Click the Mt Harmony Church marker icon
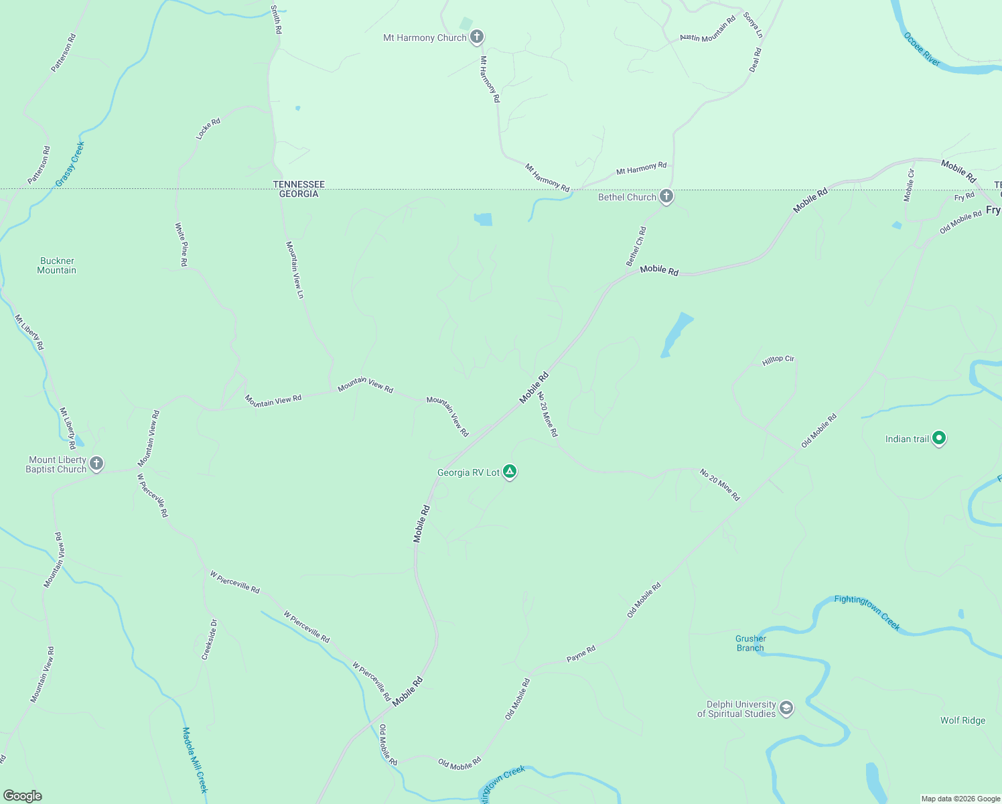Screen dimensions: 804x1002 [476, 37]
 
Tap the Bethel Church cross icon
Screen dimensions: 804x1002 [666, 197]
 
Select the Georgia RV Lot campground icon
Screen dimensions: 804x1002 [510, 472]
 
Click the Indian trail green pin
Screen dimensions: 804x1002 [939, 439]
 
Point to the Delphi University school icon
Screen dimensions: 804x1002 [786, 708]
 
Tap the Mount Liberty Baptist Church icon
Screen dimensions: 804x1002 [96, 464]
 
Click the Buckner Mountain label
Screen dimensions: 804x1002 [57, 266]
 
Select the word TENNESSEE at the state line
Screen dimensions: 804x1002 [299, 184]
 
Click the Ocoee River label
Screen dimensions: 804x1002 [922, 49]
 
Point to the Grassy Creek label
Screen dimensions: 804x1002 [70, 164]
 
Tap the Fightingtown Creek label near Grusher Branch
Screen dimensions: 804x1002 [867, 612]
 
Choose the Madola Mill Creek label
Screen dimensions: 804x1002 [196, 760]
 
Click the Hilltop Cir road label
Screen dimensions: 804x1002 [778, 360]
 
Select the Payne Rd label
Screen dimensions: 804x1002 [581, 654]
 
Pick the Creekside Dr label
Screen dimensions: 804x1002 [210, 640]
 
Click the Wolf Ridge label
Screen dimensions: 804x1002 [962, 721]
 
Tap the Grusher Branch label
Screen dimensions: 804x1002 [750, 643]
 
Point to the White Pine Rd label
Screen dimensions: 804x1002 [181, 245]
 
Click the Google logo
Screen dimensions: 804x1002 [22, 796]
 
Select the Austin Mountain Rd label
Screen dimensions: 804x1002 [707, 29]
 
